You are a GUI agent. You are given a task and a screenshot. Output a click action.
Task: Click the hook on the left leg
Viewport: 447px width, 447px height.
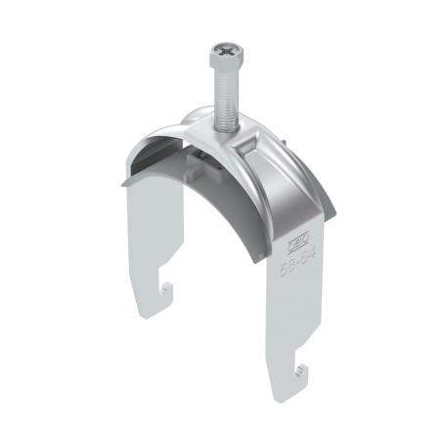click(x=168, y=290)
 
